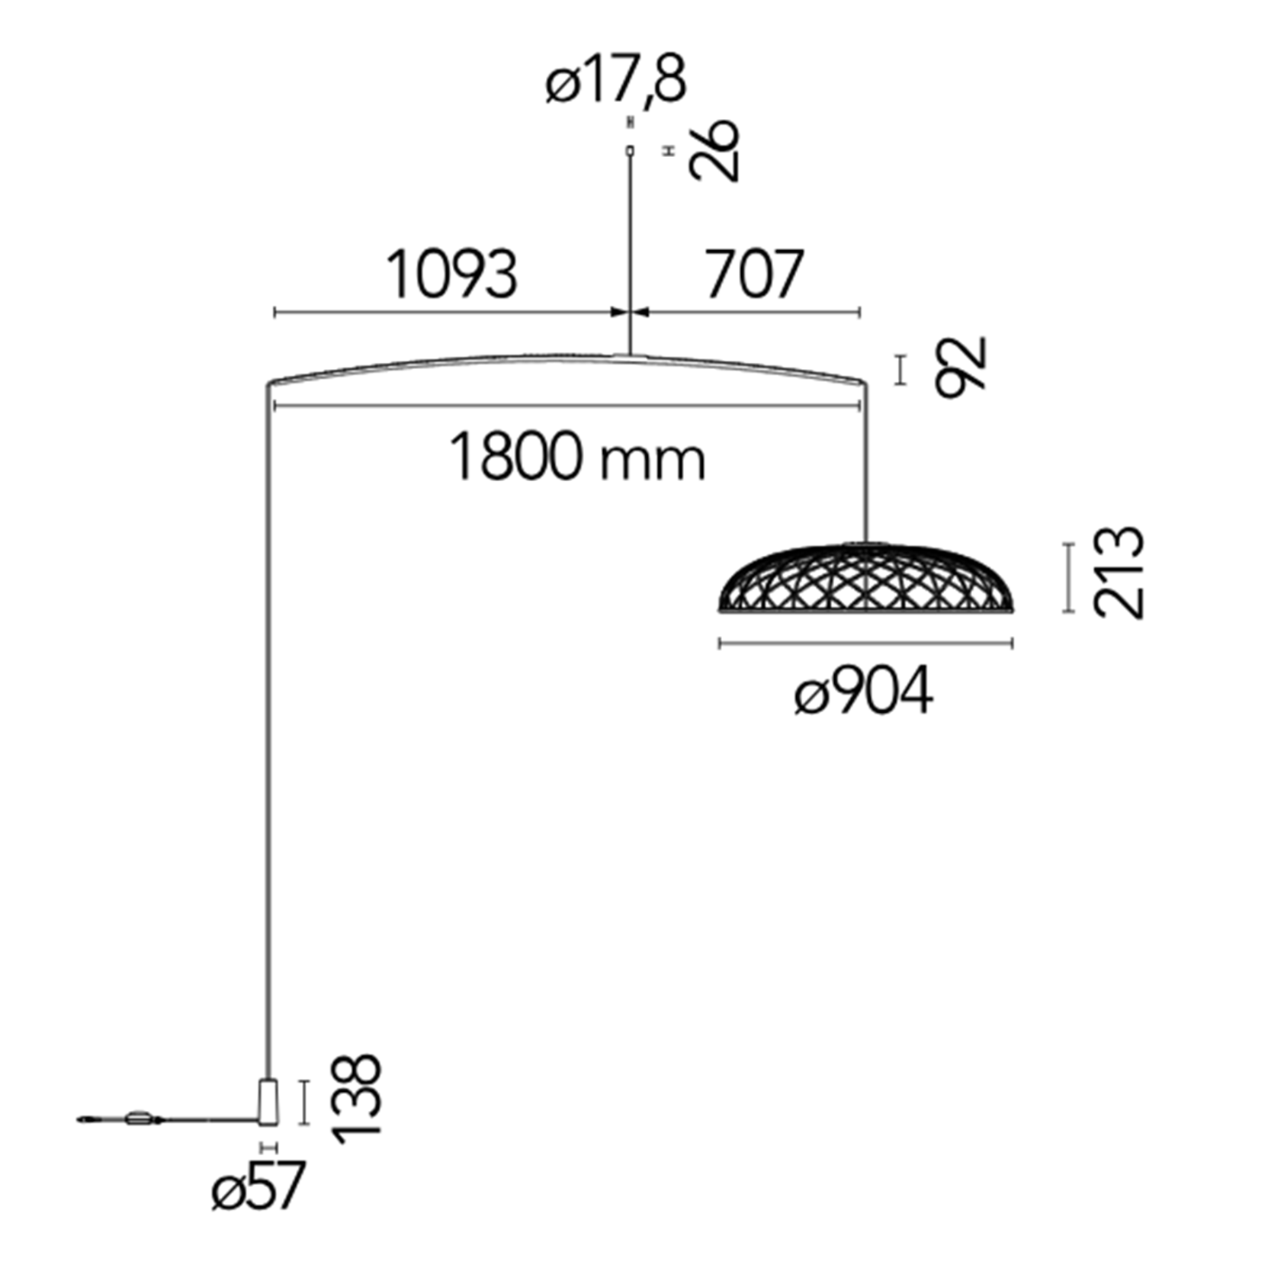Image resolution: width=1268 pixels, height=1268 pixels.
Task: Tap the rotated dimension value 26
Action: (x=714, y=150)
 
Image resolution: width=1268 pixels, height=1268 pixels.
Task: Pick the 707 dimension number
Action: (x=754, y=274)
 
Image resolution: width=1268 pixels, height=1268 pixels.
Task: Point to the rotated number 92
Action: (x=961, y=367)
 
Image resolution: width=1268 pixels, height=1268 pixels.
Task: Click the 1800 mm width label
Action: (x=577, y=457)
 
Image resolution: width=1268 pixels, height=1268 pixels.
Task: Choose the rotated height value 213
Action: (x=1119, y=573)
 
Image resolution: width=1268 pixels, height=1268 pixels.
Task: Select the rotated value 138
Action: (x=356, y=1099)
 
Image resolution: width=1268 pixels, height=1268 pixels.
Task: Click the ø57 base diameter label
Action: (x=258, y=1186)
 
